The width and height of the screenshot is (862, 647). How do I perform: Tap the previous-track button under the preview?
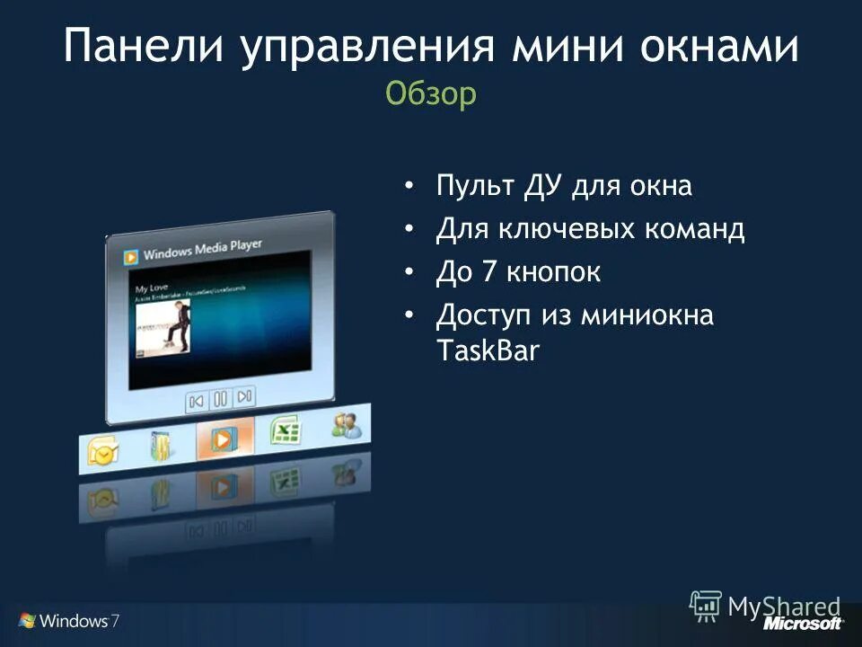(x=198, y=400)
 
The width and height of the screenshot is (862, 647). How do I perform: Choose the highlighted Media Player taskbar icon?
(x=222, y=439)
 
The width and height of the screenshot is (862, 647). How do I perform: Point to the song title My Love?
(x=150, y=288)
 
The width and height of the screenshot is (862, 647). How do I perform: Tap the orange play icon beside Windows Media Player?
(x=131, y=257)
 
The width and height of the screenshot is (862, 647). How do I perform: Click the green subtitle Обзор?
(x=431, y=93)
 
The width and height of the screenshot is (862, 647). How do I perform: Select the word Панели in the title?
(x=143, y=47)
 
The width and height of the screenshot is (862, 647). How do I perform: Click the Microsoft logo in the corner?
(x=803, y=623)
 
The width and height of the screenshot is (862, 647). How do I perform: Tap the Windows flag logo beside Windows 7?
(x=26, y=620)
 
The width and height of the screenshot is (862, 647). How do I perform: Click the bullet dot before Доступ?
(x=409, y=315)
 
